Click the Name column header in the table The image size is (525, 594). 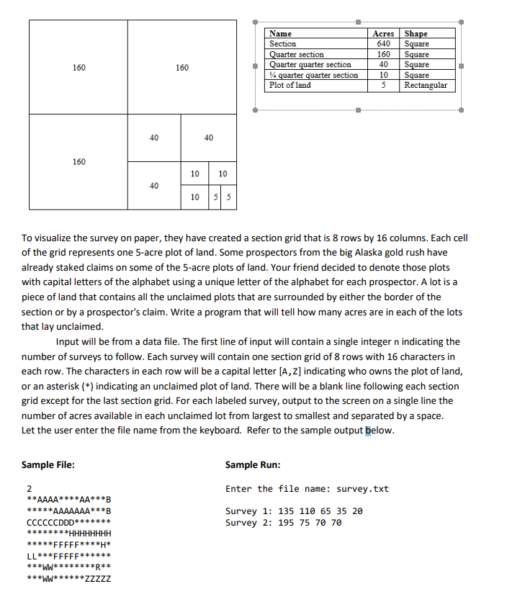pos(280,33)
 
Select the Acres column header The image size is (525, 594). pos(383,33)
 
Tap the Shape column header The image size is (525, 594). pos(416,33)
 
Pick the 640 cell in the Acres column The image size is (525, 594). pos(384,44)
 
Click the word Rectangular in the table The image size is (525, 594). pos(426,85)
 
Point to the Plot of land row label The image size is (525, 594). pos(290,85)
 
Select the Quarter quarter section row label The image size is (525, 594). pos(310,65)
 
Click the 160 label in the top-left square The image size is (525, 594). pos(79,68)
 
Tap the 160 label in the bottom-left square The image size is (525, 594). pos(79,161)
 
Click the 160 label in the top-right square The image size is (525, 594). pos(182,68)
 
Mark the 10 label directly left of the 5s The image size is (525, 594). pos(195,197)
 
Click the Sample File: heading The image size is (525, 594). pos(48,465)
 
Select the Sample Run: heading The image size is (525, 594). pos(253,465)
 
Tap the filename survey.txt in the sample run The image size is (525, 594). pos(364,489)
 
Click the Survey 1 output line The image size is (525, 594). pos(294,511)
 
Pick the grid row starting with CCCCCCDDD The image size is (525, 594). pos(68,522)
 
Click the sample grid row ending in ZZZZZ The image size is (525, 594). pos(68,578)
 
